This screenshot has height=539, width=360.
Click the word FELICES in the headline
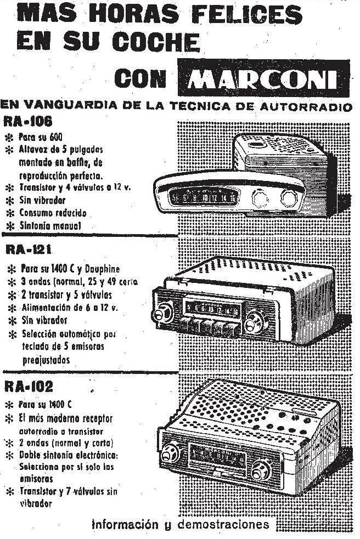[x=247, y=15]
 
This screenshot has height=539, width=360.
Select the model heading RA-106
[x=27, y=121]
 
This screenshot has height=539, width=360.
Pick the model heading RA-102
[x=29, y=387]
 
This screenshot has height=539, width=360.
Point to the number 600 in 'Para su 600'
[x=56, y=137]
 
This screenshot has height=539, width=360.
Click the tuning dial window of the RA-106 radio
[x=204, y=197]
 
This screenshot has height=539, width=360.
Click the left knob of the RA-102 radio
[x=171, y=454]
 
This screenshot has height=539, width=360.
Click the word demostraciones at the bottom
[x=223, y=525]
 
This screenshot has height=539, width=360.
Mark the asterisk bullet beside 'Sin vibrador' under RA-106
[x=10, y=201]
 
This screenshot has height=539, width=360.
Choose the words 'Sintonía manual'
[x=50, y=226]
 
